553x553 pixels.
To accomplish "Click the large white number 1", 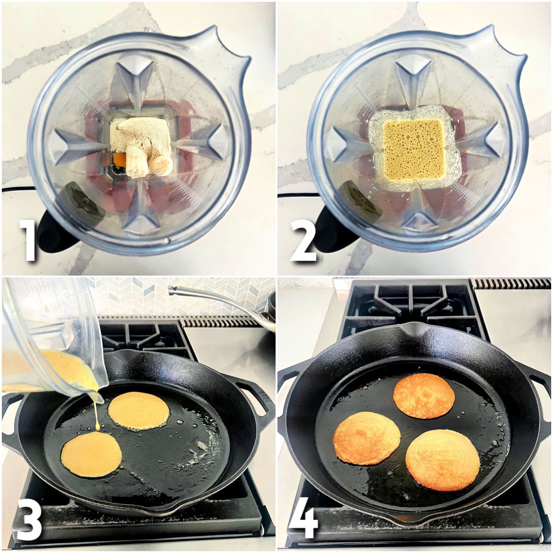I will point(29,241).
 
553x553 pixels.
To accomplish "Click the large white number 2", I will point(303,241).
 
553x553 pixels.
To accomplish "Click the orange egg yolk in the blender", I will point(119,160).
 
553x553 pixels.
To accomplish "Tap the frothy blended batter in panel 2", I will point(407,150).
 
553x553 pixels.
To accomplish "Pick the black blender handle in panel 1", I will point(53,233).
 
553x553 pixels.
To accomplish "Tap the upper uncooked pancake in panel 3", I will point(138,410).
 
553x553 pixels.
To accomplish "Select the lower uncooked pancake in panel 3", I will point(91,454).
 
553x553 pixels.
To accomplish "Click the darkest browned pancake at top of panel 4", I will point(424,395).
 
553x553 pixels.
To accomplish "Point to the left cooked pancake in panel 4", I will point(367,438).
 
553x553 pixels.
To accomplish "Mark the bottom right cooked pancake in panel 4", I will point(442,459).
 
